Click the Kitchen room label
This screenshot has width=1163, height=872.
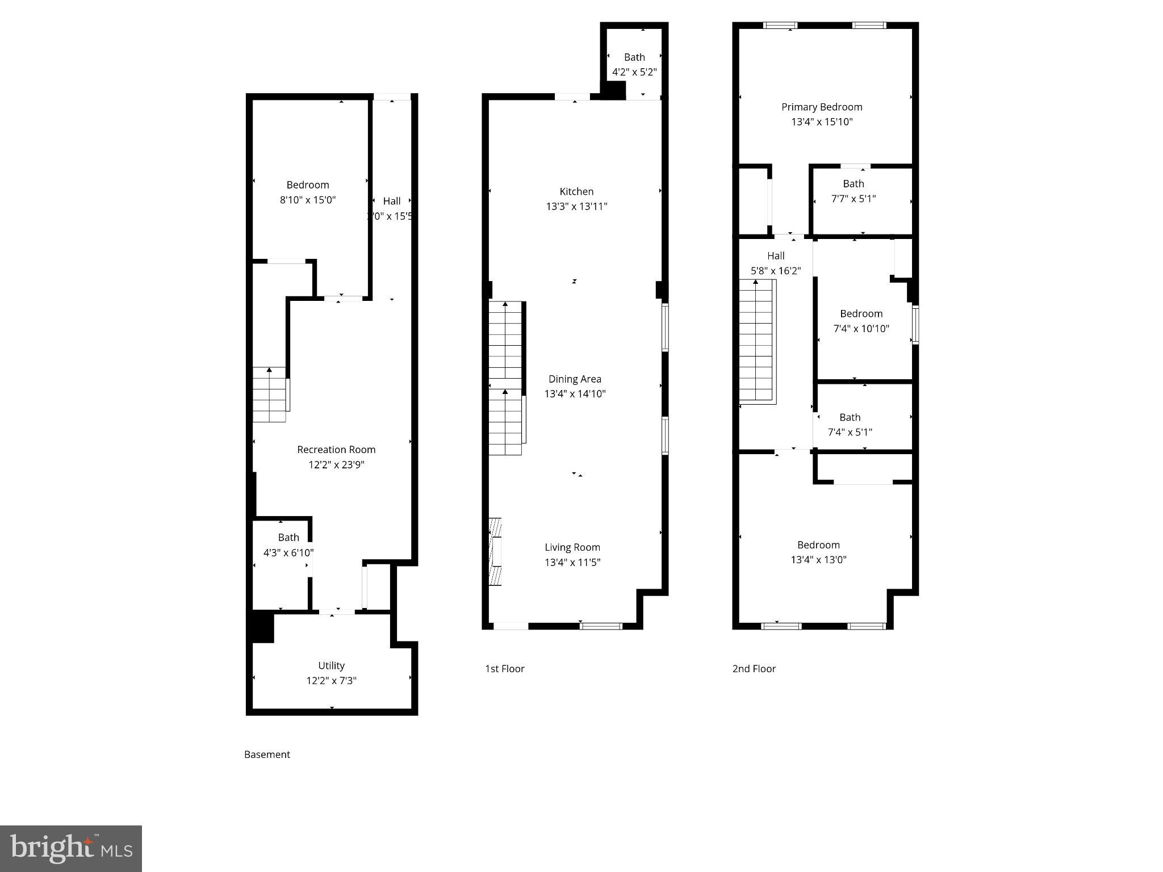pyautogui.click(x=576, y=192)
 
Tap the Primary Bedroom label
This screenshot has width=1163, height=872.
pyautogui.click(x=822, y=107)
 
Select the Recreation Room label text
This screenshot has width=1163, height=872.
pyautogui.click(x=336, y=450)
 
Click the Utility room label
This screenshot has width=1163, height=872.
pyautogui.click(x=331, y=665)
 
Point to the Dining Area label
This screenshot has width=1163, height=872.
pyautogui.click(x=575, y=379)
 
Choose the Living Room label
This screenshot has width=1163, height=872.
pyautogui.click(x=572, y=547)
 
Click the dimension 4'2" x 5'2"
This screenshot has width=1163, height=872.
pyautogui.click(x=634, y=72)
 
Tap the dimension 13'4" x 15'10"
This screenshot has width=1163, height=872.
pyautogui.click(x=822, y=121)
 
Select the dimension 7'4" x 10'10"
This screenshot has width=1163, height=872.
pyautogui.click(x=861, y=328)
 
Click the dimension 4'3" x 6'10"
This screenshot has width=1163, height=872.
pyautogui.click(x=288, y=552)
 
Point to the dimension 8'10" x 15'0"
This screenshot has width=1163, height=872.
pyautogui.click(x=308, y=200)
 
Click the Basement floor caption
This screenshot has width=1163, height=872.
pyautogui.click(x=267, y=754)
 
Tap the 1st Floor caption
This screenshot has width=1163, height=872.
pyautogui.click(x=504, y=669)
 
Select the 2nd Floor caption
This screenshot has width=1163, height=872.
pyautogui.click(x=754, y=669)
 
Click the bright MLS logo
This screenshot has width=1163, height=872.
pyautogui.click(x=71, y=848)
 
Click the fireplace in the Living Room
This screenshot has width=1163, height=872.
pyautogui.click(x=495, y=551)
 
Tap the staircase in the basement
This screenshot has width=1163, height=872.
pyautogui.click(x=270, y=395)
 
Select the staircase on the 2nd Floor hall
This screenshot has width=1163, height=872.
pyautogui.click(x=756, y=341)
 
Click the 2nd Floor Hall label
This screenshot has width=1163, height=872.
pyautogui.click(x=776, y=256)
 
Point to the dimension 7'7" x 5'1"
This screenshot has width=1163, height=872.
pyautogui.click(x=854, y=199)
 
